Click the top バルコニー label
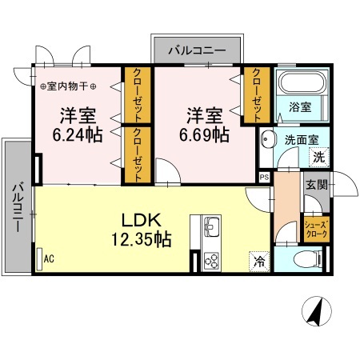[x=196, y=50]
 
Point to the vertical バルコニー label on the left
[x=16, y=208]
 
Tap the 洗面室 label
[x=302, y=139]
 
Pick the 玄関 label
[x=315, y=185]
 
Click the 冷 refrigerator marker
[x=260, y=259]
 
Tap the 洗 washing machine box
[x=319, y=157]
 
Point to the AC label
[x=48, y=258]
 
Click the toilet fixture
[x=308, y=258]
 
